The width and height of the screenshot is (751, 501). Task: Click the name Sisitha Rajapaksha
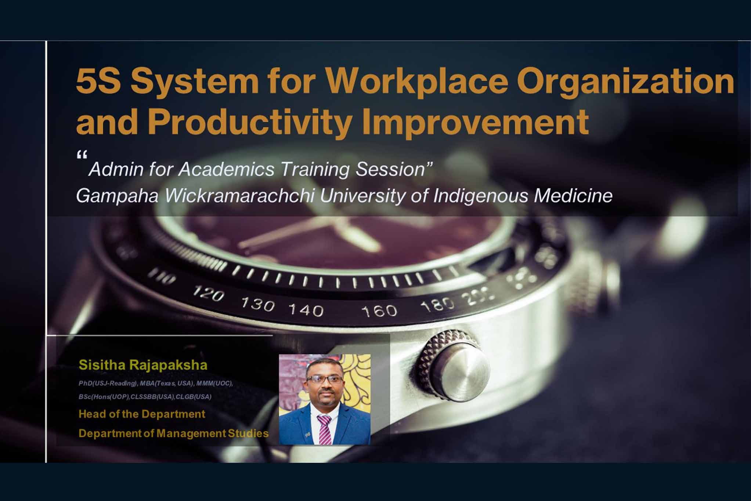tap(143, 365)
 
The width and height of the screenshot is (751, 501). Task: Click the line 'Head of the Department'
tap(142, 414)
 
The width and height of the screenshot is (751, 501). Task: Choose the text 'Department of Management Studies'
tap(173, 433)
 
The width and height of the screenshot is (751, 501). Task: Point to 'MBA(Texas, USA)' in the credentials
tap(167, 384)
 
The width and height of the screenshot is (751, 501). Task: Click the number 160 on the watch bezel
tap(379, 311)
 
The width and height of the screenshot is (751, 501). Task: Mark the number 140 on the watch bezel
tap(306, 310)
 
